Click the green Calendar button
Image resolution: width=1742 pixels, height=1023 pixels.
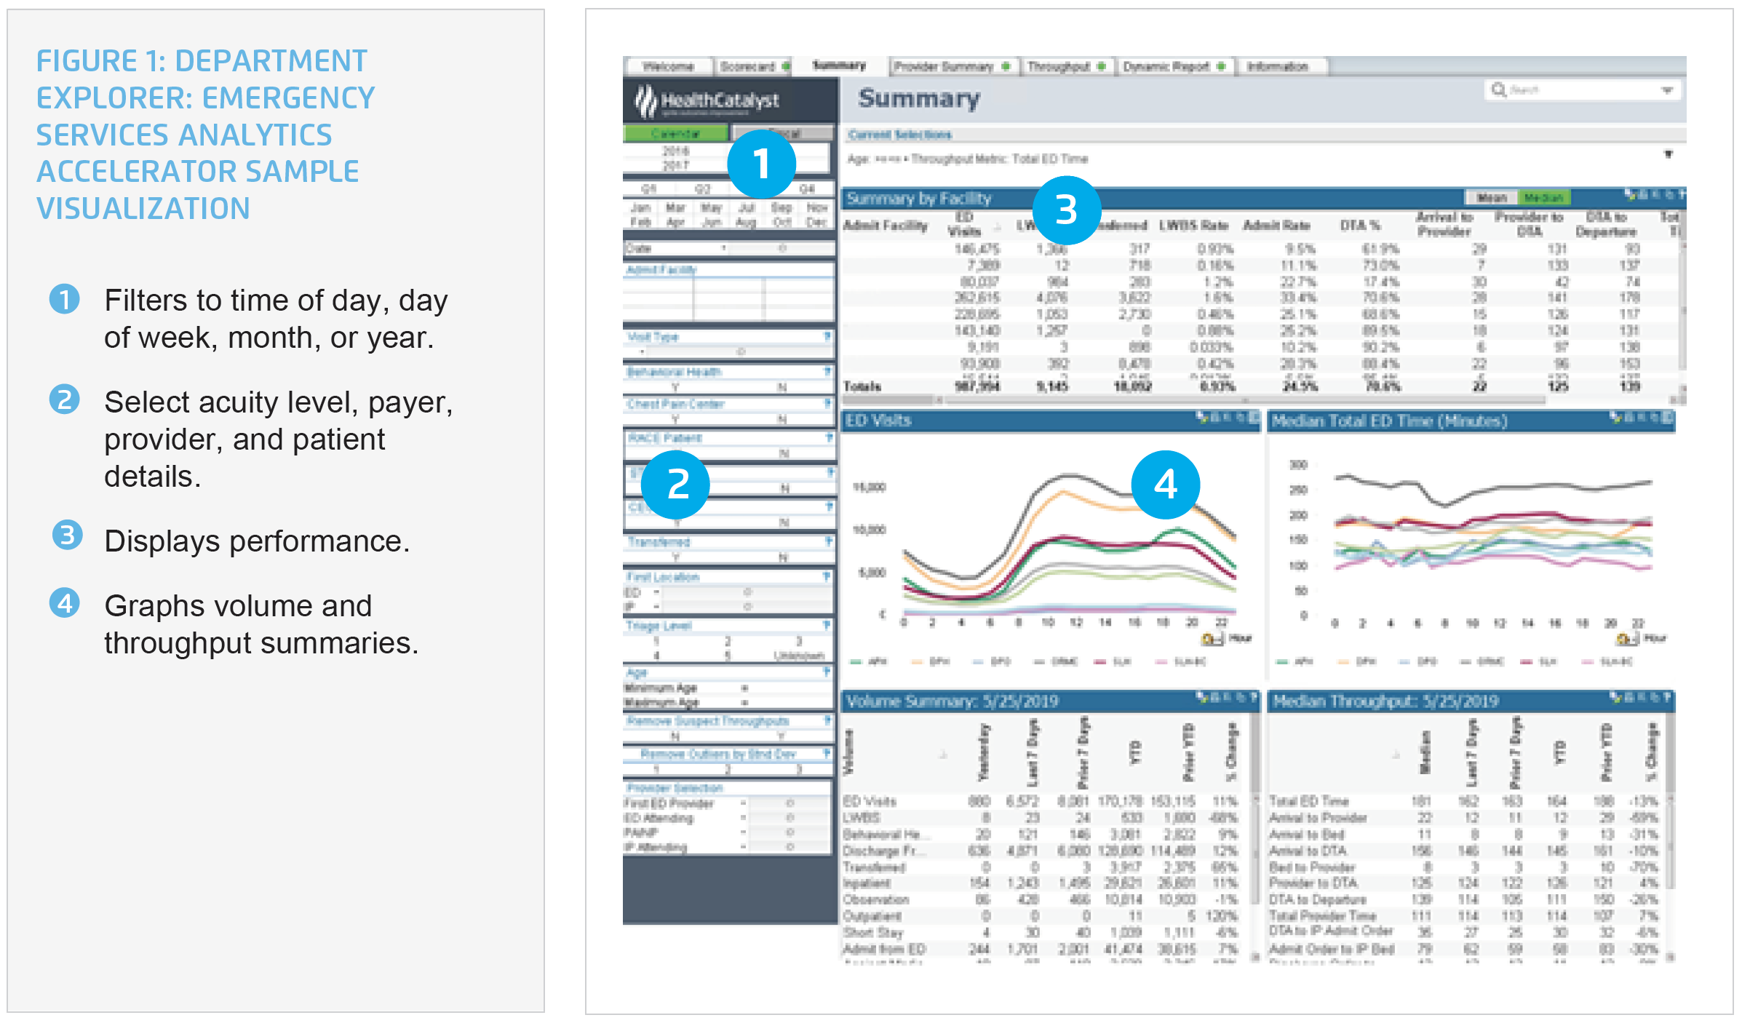click(675, 134)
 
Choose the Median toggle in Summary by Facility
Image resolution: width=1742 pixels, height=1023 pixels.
click(1543, 198)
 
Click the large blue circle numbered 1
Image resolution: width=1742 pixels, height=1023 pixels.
click(761, 164)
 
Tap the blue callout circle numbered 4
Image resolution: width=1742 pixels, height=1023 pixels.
click(1165, 485)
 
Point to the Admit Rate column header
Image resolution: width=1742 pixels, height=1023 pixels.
click(1276, 226)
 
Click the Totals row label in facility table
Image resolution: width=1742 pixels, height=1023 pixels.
click(862, 386)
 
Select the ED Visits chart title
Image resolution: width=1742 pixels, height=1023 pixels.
click(878, 421)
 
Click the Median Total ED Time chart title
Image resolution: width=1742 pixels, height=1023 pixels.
click(1389, 421)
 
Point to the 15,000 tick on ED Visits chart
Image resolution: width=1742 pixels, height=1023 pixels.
click(870, 487)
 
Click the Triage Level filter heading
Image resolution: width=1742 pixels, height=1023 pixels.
click(659, 626)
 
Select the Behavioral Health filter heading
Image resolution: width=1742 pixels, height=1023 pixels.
click(674, 372)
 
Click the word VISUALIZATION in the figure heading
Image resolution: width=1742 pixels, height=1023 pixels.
click(143, 209)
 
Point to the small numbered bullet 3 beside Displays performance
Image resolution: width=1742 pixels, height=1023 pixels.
click(67, 536)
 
